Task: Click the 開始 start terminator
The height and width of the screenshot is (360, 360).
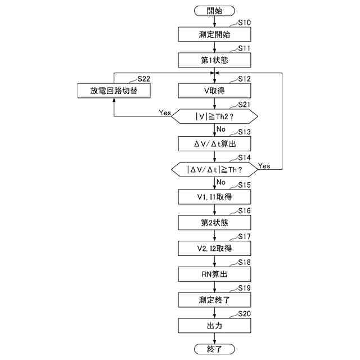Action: click(x=214, y=10)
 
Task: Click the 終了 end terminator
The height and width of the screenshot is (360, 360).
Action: click(x=214, y=350)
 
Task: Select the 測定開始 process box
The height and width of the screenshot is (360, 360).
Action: click(x=214, y=34)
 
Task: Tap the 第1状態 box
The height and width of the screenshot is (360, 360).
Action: click(x=214, y=60)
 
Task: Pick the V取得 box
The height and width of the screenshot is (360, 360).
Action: click(x=214, y=91)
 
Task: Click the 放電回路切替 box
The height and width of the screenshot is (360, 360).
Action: click(x=114, y=91)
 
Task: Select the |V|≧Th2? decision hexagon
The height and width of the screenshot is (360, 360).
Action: click(x=214, y=117)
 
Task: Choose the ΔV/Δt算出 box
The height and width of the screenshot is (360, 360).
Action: click(x=214, y=143)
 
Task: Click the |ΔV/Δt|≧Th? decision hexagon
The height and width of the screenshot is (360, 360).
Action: click(x=214, y=169)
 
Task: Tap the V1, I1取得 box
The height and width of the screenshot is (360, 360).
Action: click(x=214, y=196)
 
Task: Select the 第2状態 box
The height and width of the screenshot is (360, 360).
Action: click(x=214, y=222)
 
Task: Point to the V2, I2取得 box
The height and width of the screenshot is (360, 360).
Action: click(x=214, y=248)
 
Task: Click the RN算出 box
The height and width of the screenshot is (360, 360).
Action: click(x=214, y=274)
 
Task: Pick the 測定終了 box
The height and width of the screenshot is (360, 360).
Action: click(x=214, y=300)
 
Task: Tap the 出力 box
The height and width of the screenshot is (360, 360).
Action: click(x=214, y=326)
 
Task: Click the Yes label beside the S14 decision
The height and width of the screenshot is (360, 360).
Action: click(x=264, y=165)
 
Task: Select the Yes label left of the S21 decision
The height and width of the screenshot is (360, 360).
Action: click(x=165, y=112)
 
